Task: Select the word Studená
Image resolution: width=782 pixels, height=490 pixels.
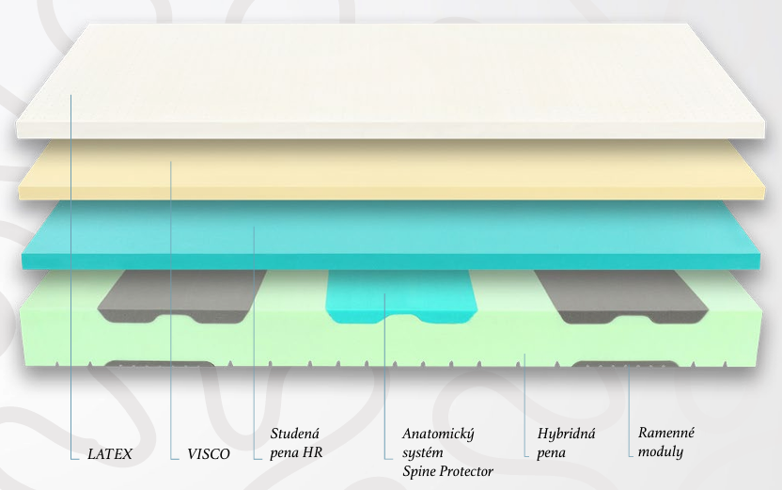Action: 295,434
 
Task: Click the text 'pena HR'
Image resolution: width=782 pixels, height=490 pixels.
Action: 297,452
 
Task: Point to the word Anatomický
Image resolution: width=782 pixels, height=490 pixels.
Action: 438,434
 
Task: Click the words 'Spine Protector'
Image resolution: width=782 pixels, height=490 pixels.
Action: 447,470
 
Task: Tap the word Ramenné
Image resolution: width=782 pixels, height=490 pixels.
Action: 665,433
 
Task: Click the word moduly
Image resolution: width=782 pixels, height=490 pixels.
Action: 661,451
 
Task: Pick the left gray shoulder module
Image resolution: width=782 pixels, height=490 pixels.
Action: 179,296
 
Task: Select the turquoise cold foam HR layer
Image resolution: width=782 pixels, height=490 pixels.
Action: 395,235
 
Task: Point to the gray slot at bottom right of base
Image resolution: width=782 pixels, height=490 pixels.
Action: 611,367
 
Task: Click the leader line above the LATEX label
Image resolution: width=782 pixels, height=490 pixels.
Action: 71,282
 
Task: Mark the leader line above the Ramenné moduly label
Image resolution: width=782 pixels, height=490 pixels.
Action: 629,404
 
